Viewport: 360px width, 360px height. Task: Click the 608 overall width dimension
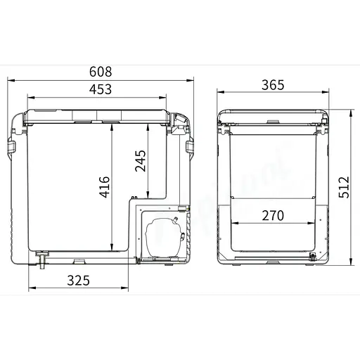pyautogui.click(x=101, y=72)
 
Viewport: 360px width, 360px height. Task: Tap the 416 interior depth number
pyautogui.click(x=104, y=187)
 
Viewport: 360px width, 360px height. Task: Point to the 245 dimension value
pyautogui.click(x=140, y=163)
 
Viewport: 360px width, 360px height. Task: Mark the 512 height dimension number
pyautogui.click(x=344, y=188)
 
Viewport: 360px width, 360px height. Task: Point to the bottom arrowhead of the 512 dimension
pyautogui.click(x=351, y=264)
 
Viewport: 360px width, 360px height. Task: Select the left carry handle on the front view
pyautogui.click(x=12, y=146)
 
